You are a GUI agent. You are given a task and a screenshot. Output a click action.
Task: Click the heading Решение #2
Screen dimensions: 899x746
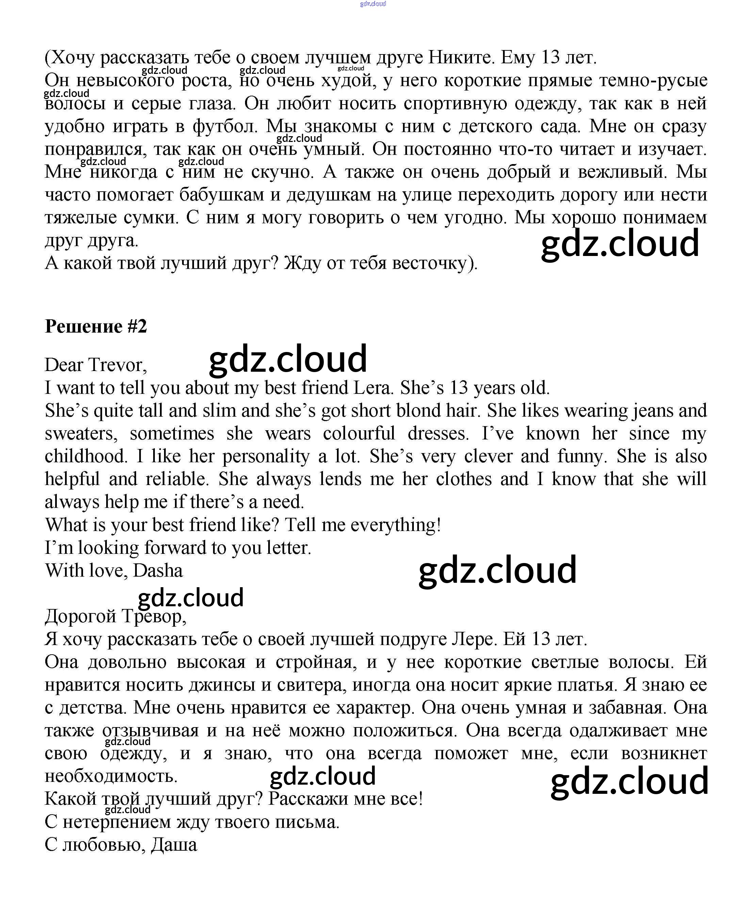96,326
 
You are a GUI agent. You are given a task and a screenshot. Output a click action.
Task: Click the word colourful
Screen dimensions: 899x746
359,433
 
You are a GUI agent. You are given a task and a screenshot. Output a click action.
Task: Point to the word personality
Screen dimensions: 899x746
266,456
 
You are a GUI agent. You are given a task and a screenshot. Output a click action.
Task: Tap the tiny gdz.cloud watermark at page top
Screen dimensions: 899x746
373,4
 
